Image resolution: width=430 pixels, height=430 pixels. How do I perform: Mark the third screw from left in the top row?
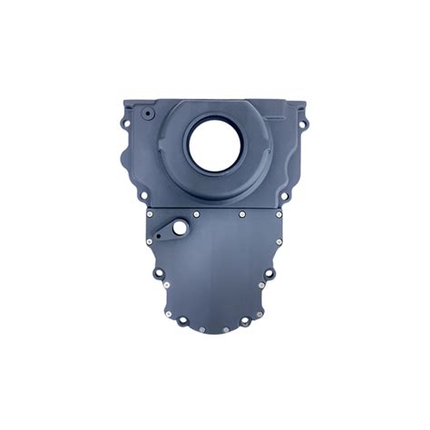(x=242, y=215)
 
